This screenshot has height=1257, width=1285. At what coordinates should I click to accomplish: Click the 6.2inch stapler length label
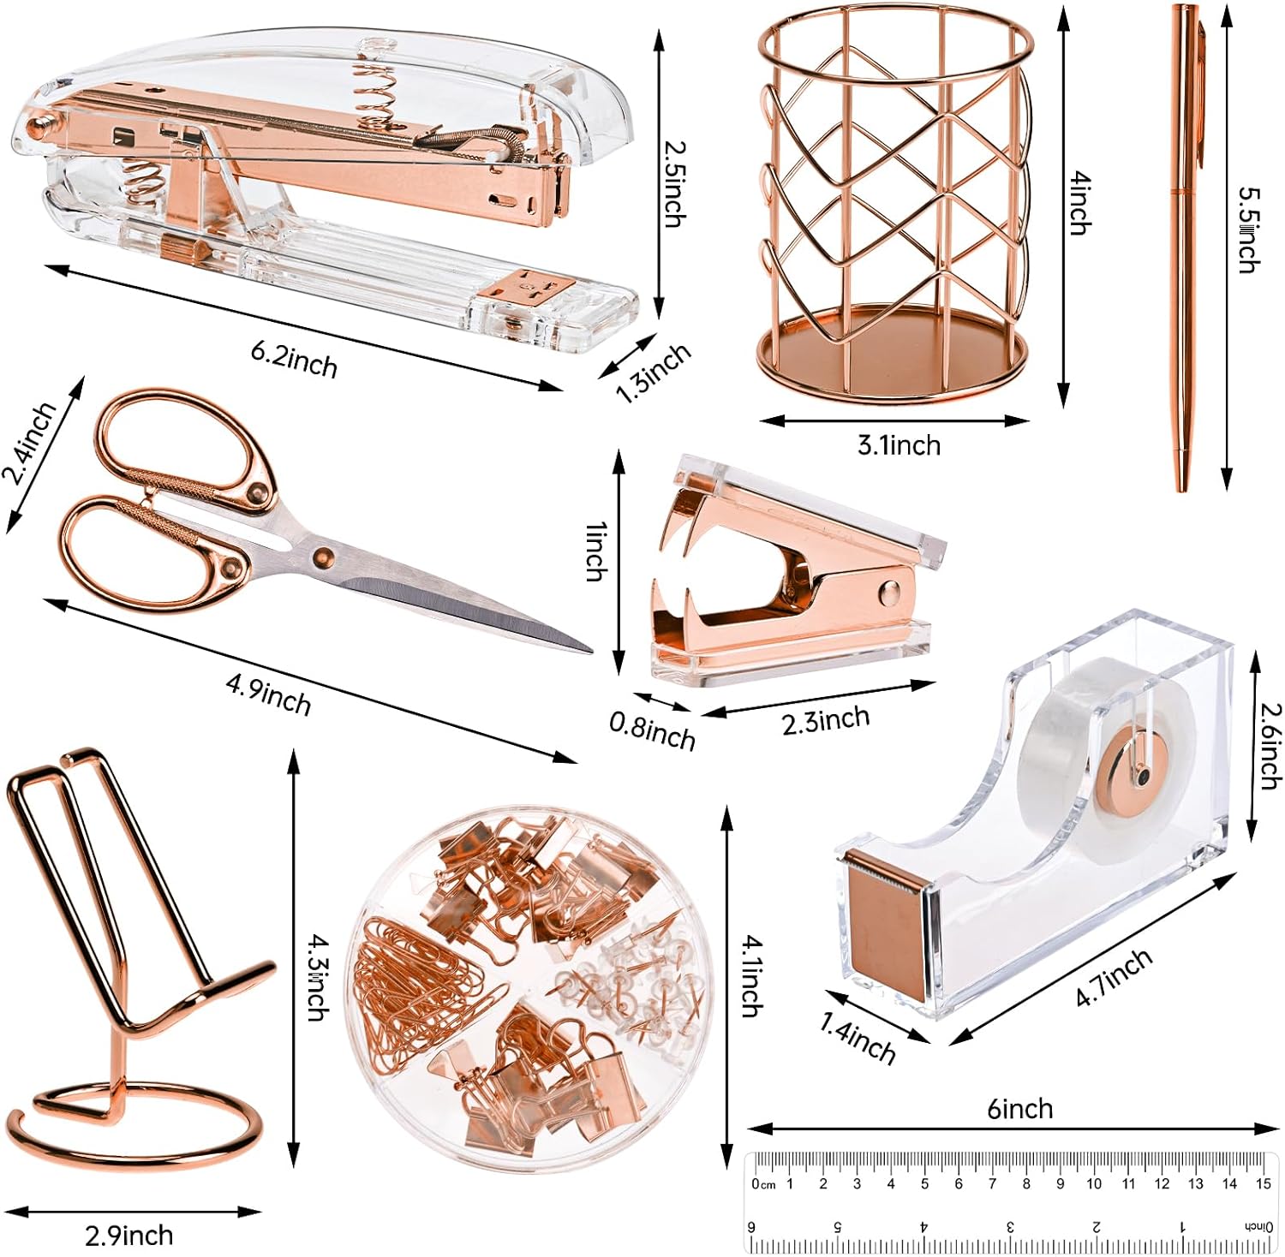pos(294,359)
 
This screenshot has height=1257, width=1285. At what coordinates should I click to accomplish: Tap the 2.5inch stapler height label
pos(675,183)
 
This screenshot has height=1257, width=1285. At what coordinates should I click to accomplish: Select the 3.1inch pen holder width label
pos(899,445)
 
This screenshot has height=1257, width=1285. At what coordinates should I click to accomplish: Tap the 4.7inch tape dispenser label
pos(1113,978)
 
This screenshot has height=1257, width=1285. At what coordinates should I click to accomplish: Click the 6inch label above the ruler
pos(1019,1109)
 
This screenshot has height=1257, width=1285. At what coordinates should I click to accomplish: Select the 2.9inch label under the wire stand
pos(128,1235)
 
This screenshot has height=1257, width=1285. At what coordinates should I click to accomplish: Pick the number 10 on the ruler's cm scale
pos(1094,1184)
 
